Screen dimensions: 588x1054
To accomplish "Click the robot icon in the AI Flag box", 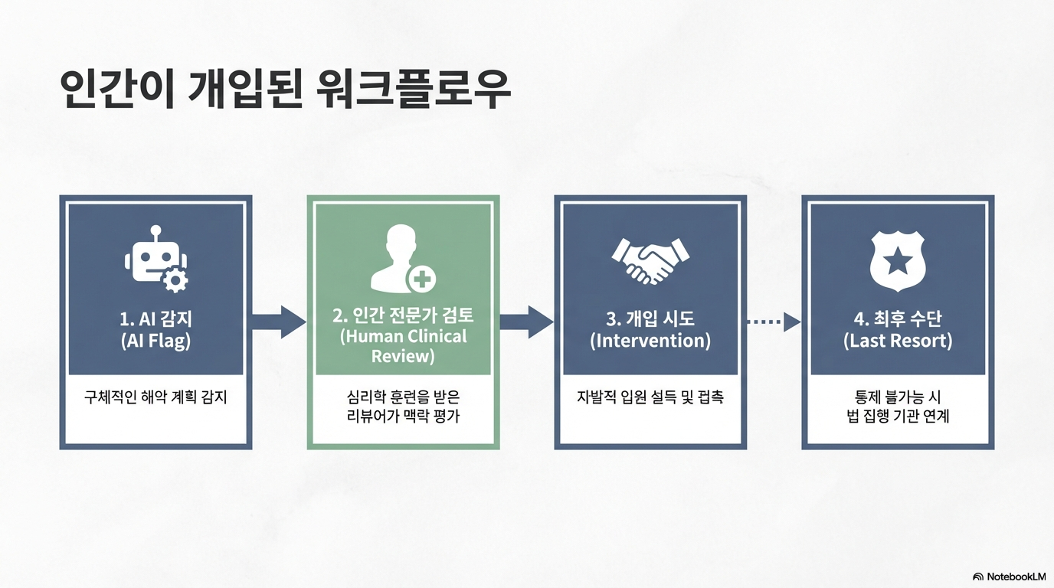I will [155, 261].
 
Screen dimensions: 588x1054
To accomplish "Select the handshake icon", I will [650, 260].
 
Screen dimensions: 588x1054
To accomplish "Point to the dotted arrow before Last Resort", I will [774, 322].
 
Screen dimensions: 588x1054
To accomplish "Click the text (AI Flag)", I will [155, 341].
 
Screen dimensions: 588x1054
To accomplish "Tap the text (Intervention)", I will [650, 341].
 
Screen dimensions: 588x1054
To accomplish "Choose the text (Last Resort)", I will [898, 341].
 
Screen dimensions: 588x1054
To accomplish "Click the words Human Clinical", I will [403, 337].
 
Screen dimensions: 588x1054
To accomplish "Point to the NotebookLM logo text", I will [1016, 577].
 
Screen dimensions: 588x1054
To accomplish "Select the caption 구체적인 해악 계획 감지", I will [155, 397].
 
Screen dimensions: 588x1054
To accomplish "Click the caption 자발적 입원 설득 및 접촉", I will [650, 397].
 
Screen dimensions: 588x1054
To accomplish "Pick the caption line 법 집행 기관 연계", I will [898, 416].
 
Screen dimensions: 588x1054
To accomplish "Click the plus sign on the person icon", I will [421, 279].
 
